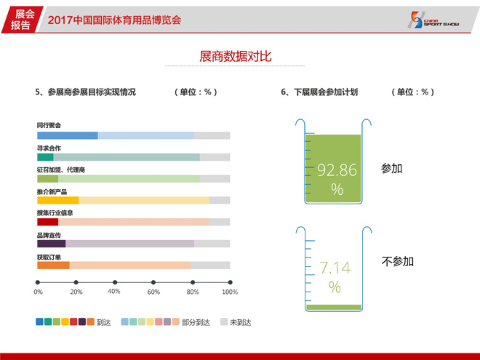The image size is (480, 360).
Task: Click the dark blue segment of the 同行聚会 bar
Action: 68,135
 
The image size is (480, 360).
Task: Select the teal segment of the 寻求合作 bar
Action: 45,157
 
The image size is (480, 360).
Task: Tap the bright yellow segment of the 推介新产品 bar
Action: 58,200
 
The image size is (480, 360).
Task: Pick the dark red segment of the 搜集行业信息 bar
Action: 48,222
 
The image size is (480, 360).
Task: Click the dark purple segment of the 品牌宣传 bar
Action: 52,244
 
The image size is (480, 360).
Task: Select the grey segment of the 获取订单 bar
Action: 210,265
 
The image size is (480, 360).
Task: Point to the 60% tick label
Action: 153,292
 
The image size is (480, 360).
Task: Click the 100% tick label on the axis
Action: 230,292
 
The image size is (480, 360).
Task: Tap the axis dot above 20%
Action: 76,282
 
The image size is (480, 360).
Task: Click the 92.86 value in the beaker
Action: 337,170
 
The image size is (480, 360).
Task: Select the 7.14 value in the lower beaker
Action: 335,268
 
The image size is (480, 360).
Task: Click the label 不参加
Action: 398,261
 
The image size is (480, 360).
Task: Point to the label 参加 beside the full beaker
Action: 391,169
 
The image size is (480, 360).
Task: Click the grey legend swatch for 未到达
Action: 224,321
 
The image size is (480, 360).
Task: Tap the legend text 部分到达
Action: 196,322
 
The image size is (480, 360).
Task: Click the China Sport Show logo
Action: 433,20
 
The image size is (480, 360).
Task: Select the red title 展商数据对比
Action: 236,56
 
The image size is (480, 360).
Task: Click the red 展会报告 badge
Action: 21,20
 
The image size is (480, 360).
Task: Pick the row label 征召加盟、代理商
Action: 61,170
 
